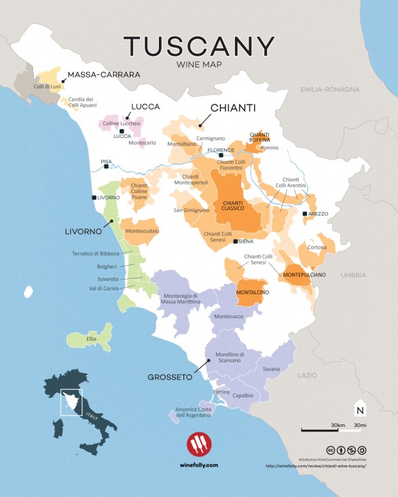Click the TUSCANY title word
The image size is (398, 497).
(x=198, y=46)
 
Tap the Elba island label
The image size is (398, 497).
(x=91, y=338)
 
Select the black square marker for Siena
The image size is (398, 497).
(x=235, y=241)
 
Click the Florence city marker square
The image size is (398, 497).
(x=221, y=155)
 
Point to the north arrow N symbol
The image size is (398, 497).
(x=359, y=410)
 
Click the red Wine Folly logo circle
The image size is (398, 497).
(x=199, y=443)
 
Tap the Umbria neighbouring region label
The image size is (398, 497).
(x=354, y=275)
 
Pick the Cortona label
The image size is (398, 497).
(x=318, y=247)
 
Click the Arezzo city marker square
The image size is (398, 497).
(x=304, y=213)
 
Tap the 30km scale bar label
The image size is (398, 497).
(x=339, y=424)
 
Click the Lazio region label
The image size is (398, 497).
(x=306, y=375)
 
